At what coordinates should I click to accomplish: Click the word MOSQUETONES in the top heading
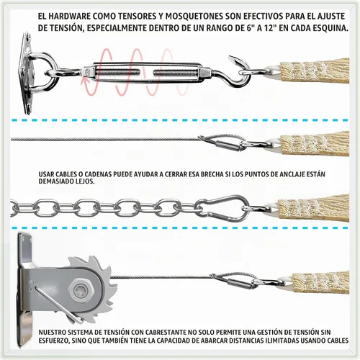(x=194, y=17)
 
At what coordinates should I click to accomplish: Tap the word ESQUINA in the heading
(x=331, y=28)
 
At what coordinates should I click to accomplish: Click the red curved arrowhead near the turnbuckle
(x=85, y=81)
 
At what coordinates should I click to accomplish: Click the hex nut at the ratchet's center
(x=80, y=290)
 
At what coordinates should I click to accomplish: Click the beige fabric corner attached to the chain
(x=313, y=208)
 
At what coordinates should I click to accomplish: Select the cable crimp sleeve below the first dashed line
(x=228, y=145)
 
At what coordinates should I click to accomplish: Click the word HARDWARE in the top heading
(x=69, y=17)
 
